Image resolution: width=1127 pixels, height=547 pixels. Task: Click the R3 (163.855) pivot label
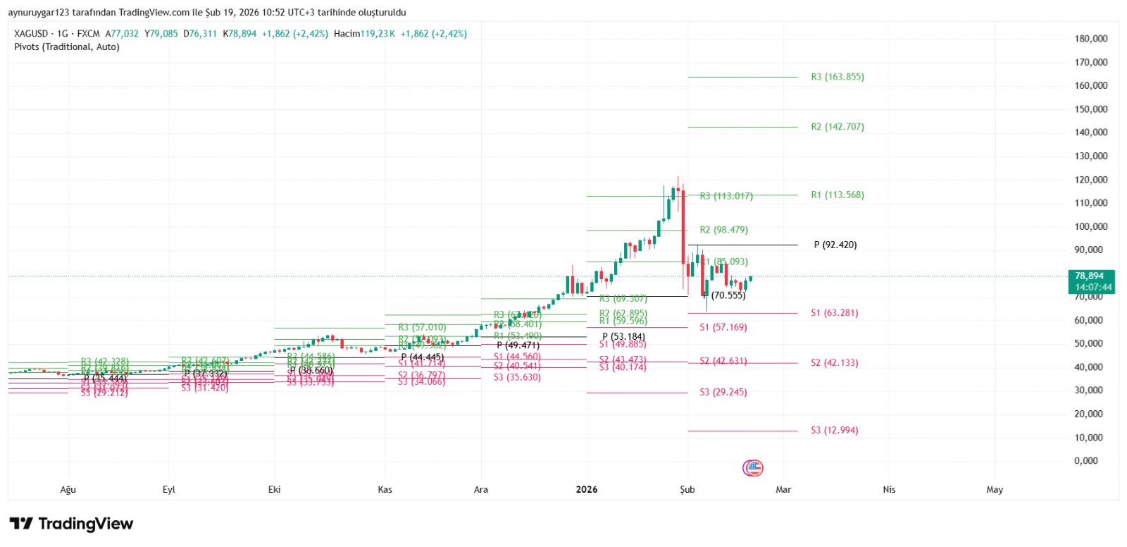pos(837,77)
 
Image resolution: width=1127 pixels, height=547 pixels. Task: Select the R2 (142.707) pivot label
pos(837,127)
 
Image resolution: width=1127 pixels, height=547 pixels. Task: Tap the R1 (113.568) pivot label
pos(837,195)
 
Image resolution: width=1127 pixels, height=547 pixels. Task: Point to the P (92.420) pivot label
pos(835,245)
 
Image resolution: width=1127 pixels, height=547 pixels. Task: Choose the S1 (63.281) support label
pos(834,313)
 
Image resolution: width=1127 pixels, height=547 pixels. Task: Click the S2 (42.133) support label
pos(834,363)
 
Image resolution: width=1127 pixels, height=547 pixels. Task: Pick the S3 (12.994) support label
pos(834,430)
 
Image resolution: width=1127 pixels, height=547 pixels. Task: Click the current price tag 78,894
pos(1090,276)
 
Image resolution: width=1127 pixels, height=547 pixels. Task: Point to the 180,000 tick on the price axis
pos(1091,39)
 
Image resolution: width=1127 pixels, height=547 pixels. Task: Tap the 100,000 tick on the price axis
pos(1091,226)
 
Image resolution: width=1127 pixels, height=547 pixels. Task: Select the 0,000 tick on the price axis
pos(1086,460)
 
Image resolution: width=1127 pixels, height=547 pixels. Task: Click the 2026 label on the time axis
pos(586,489)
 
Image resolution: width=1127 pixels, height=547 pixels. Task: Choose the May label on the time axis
pos(995,489)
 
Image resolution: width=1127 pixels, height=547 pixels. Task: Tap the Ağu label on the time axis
pos(68,489)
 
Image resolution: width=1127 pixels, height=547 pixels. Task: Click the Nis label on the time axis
pos(889,489)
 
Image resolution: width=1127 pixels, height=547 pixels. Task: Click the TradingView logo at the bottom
pos(71,524)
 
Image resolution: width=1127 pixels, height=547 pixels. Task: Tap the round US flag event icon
pos(753,467)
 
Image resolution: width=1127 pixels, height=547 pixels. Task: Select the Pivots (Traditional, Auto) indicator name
pos(67,47)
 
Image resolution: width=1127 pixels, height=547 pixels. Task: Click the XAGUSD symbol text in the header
pos(31,33)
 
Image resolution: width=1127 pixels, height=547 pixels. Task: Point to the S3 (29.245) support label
pos(723,392)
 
